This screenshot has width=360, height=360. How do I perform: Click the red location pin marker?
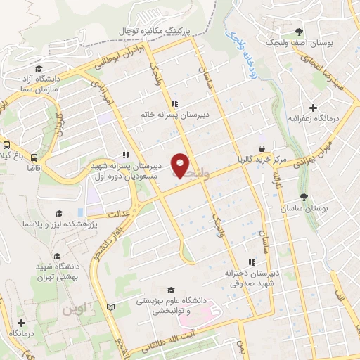[x=181, y=165]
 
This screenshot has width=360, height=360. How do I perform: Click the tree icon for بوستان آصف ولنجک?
[x=300, y=32]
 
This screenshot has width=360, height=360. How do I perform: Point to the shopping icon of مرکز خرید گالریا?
[x=262, y=149]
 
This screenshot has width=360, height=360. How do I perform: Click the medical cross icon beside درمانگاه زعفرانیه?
[x=312, y=106]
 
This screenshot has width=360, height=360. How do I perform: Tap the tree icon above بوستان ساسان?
[x=304, y=198]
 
